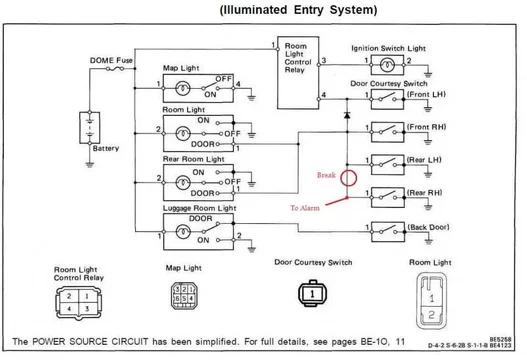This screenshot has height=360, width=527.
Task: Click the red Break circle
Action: click(347, 179)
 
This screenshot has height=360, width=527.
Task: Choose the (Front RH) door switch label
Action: click(425, 128)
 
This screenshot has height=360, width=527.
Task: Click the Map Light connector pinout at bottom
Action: click(183, 297)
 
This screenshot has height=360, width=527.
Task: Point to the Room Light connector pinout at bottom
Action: click(431, 298)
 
